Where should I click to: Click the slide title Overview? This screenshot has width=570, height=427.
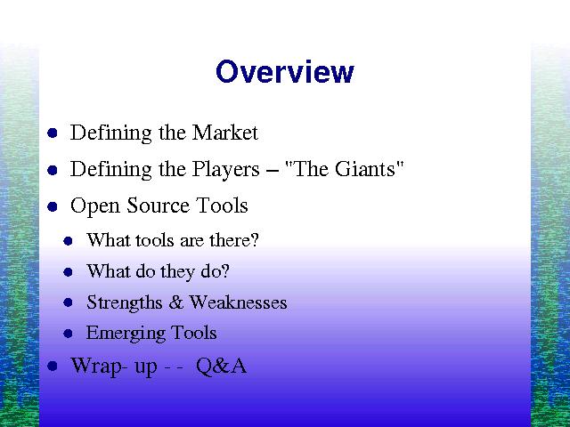[x=285, y=72]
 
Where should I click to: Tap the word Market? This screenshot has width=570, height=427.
[x=225, y=133]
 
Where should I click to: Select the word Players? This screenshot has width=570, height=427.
[x=225, y=170]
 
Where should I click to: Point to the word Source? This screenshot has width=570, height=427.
[x=158, y=205]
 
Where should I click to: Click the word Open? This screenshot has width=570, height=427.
[x=94, y=205]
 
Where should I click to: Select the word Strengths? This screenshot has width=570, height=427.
[x=125, y=302]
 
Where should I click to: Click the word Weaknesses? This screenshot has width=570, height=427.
[x=238, y=302]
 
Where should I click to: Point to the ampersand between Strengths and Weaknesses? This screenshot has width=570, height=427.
[x=175, y=302]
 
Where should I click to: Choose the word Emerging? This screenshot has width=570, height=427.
[x=126, y=334]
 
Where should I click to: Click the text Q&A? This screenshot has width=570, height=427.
[x=222, y=366]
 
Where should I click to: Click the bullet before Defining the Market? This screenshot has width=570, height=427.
[x=53, y=133]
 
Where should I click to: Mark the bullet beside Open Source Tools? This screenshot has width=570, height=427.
[x=53, y=206]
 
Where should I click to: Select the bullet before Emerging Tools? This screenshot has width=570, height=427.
[x=68, y=334]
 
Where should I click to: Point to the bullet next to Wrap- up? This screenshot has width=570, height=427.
[x=53, y=366]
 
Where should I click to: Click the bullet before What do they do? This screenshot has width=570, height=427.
[x=68, y=271]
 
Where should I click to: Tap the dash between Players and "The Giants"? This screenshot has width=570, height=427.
[x=273, y=170]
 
